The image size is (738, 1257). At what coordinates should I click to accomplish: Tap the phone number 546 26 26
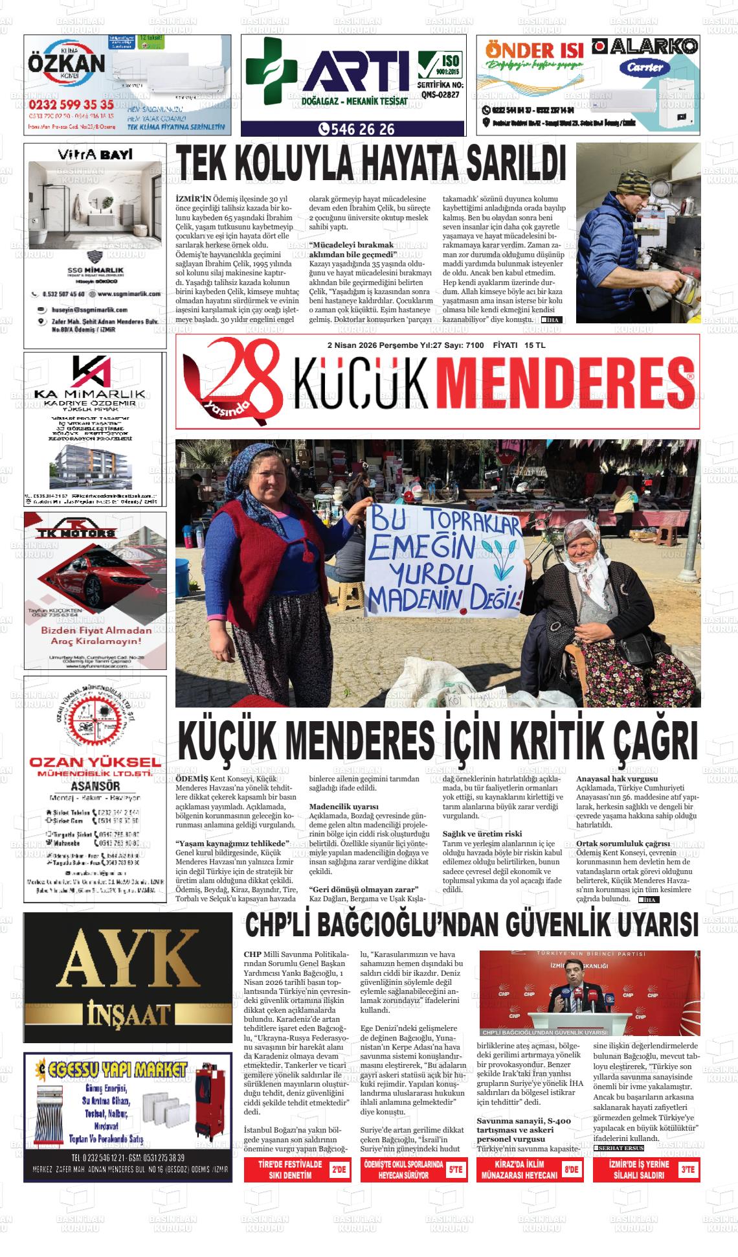pos(357,130)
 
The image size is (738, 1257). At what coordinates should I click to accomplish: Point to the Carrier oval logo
pos(644,67)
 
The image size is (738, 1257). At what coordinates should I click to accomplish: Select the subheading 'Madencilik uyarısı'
pos(335,806)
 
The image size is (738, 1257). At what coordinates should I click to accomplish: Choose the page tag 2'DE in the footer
pos(339,1170)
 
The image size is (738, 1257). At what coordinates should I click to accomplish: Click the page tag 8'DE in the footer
pos(570,1170)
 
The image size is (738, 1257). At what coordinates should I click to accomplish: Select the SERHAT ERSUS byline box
pos(618,1147)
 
